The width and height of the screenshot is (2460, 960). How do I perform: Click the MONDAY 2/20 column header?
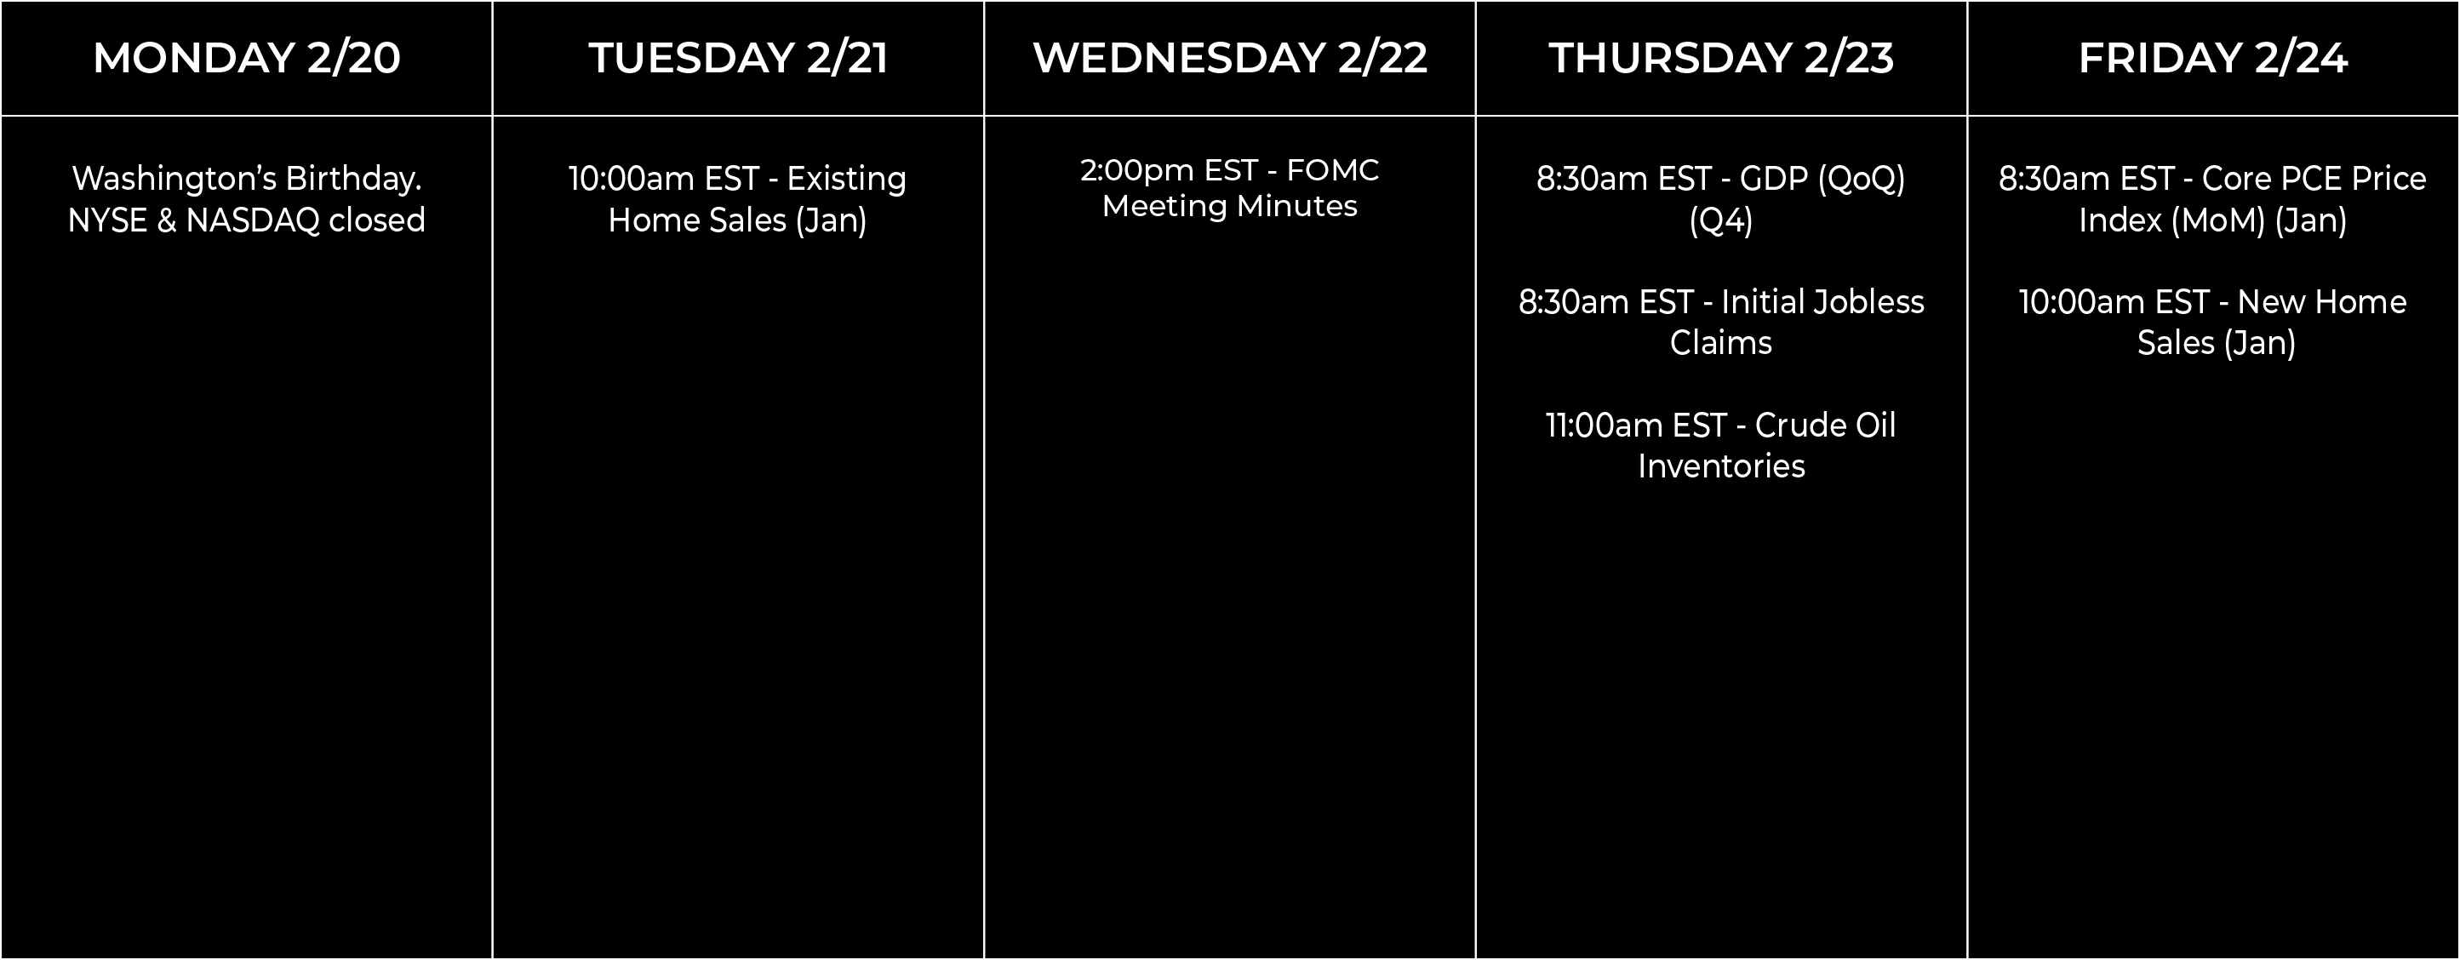coord(246,57)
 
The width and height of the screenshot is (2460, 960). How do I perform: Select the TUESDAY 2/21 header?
coord(738,57)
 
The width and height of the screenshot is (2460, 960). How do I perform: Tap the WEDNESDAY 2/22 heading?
coord(1230,57)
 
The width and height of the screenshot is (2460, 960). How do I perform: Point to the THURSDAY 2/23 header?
coord(1721,57)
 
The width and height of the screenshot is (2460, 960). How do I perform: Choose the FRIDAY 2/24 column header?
coord(2212,57)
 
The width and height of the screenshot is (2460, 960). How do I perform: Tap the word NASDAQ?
coord(252,220)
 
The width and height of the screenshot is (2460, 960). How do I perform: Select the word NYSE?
coord(107,220)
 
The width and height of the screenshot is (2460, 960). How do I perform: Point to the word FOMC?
coord(1332,170)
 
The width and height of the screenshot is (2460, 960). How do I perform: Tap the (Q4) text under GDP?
coord(1721,220)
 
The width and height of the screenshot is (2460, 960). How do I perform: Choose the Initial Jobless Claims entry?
coord(1721,322)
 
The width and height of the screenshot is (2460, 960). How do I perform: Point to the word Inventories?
coord(1721,466)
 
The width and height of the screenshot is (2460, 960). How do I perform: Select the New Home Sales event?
coord(2212,322)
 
